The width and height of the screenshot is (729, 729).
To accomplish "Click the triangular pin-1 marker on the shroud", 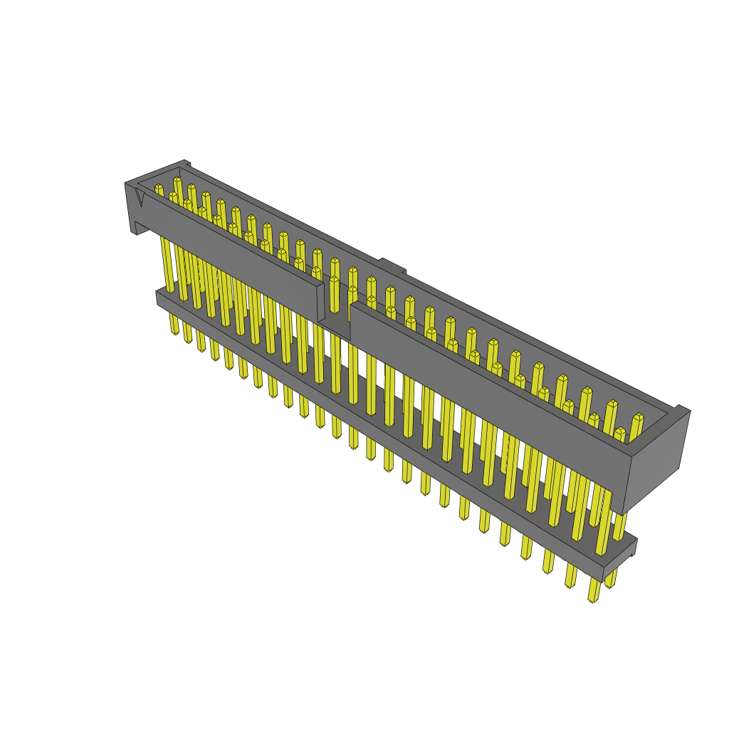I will click(x=140, y=199).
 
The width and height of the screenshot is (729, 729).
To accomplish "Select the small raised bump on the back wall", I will click(x=391, y=265).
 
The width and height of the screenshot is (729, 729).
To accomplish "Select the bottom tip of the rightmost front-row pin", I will click(x=592, y=599).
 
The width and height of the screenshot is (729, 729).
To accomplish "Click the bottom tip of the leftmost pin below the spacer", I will click(x=174, y=331).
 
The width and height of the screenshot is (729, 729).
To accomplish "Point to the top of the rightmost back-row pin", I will click(x=638, y=417).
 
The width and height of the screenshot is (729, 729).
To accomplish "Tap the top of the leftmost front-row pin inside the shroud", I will click(x=173, y=195).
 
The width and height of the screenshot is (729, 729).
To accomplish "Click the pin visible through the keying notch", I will click(x=335, y=299).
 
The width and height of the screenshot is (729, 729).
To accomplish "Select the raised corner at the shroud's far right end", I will click(x=681, y=409).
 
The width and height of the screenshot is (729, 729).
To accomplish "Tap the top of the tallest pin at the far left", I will click(x=177, y=181).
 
